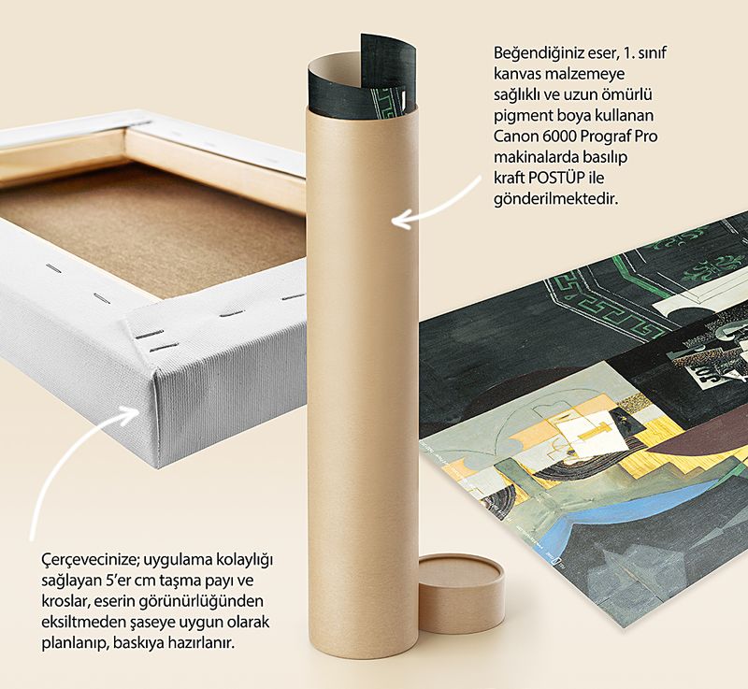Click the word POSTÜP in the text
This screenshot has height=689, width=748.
click(x=556, y=178)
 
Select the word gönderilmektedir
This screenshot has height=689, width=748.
click(x=555, y=199)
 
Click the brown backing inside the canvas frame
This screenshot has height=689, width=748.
click(x=157, y=224)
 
